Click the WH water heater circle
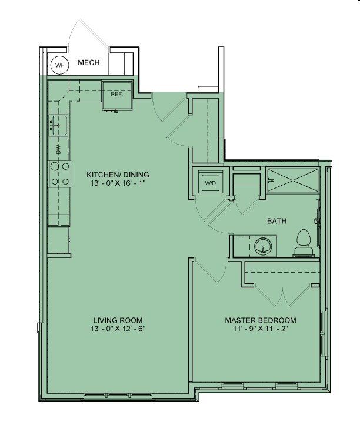[59, 65]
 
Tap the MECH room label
[89, 63]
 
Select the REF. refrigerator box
[116, 95]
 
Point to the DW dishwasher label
[58, 149]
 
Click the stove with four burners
[59, 174]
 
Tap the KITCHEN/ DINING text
[118, 175]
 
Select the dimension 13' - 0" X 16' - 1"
[118, 183]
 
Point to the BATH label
[276, 222]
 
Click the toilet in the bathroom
[304, 243]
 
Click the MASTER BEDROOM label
[260, 320]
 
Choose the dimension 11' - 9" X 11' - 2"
[260, 329]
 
